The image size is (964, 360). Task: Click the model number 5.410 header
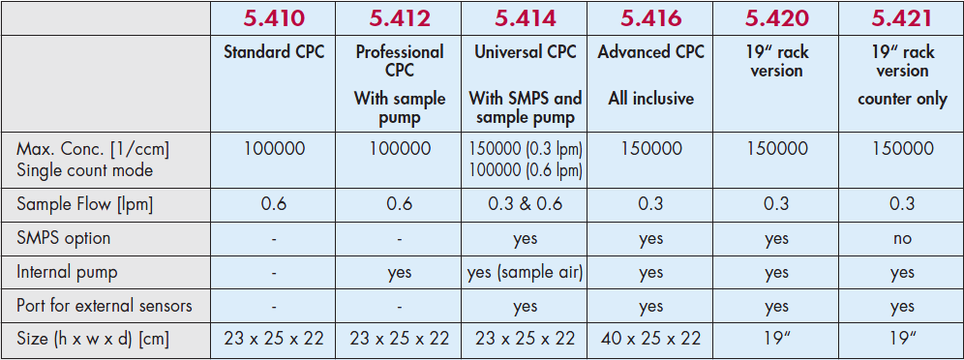[275, 18]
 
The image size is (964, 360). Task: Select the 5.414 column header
[526, 18]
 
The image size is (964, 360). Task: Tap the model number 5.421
[901, 18]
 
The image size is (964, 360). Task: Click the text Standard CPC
[275, 52]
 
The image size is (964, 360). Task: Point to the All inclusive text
[650, 99]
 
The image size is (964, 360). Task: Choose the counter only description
[901, 99]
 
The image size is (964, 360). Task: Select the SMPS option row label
[63, 238]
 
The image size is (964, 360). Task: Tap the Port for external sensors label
[105, 305]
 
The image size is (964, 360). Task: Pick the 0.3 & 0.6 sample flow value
[526, 204]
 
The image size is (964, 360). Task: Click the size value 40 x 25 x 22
[650, 339]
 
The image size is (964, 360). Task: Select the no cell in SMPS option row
[901, 238]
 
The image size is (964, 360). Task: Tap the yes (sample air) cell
[526, 272]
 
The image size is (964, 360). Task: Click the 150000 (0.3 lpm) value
[526, 149]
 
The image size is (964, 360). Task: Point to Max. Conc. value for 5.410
[275, 149]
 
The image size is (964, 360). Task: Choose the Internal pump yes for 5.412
[400, 272]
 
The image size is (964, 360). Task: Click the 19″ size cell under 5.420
[776, 339]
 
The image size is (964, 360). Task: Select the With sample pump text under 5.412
[400, 107]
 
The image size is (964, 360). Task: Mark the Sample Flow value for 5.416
[650, 204]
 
